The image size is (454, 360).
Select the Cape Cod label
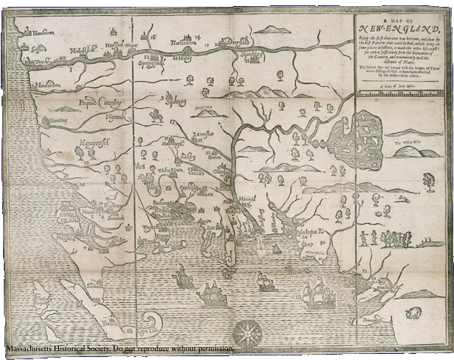tap(149, 330)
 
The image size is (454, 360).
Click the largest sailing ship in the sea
tap(316, 294)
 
